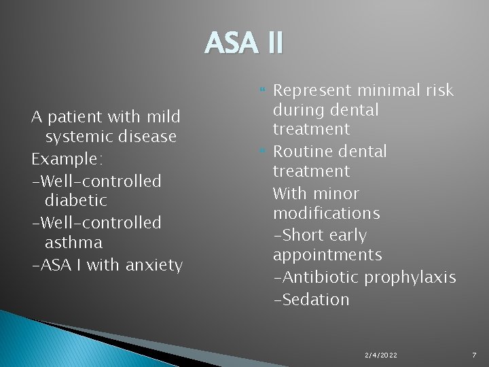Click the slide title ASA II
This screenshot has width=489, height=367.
click(244, 43)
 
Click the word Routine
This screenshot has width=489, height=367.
click(302, 151)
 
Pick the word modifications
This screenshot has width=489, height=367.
click(326, 213)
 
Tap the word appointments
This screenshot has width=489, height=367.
click(327, 255)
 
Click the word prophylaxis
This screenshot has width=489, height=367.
click(411, 278)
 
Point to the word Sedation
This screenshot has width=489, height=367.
click(315, 299)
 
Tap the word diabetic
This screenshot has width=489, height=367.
click(76, 200)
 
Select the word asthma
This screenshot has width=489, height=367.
click(73, 242)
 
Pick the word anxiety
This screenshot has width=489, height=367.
click(154, 265)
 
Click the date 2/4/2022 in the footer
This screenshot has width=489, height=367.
click(381, 355)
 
